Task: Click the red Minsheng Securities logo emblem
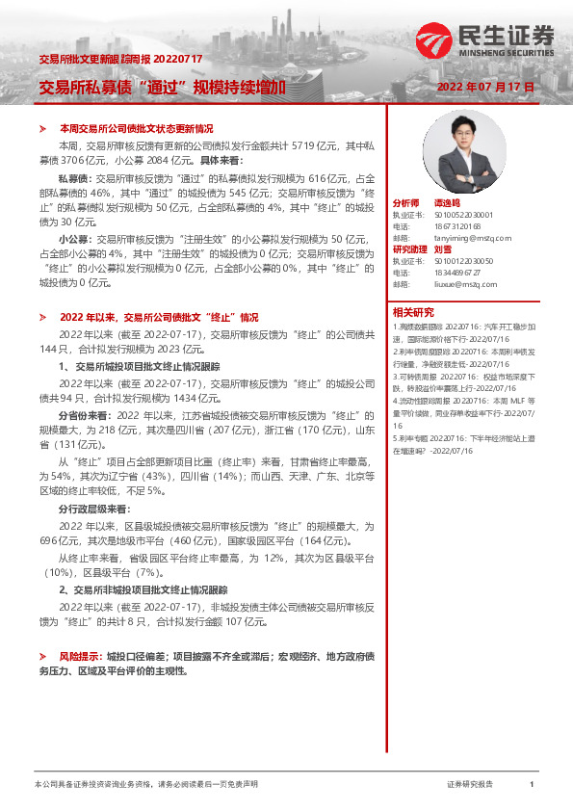coord(435,39)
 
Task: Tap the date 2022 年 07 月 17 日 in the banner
coord(484,87)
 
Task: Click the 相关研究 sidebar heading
coord(413,311)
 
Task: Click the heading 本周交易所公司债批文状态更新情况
coord(136,128)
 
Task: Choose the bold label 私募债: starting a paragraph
coord(75,179)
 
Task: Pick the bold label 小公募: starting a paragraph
coord(75,237)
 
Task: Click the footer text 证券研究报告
coord(470,785)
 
